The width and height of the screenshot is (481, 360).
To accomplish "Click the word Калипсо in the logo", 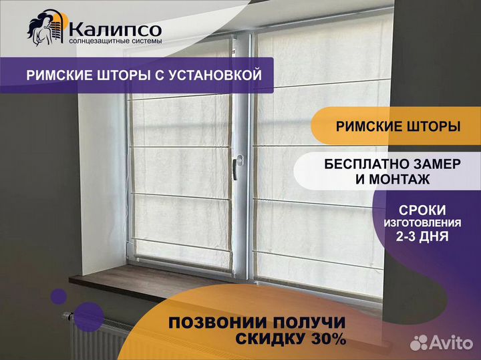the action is pos(115,29).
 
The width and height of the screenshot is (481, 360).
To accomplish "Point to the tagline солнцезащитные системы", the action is pos(116,41).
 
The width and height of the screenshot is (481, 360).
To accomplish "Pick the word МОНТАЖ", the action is pos(399,180).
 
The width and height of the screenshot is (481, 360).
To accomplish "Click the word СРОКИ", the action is pos(422,210).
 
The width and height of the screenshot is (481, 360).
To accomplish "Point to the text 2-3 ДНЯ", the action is pos(422,236).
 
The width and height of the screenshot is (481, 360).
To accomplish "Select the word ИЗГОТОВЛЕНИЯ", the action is pos(422,223).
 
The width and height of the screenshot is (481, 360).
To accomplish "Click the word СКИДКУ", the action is pos(271,339).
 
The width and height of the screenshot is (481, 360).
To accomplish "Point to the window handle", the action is pos(236,166).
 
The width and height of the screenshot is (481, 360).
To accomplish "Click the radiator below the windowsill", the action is pos(98,337).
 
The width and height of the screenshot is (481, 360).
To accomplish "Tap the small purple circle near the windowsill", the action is pos(59,297).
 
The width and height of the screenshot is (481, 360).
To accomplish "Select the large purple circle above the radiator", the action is pos(89,317).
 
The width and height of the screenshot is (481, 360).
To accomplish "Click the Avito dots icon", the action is pos(419,342).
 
